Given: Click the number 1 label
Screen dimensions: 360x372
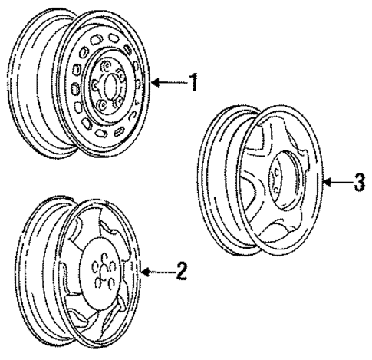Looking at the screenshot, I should pyautogui.click(x=195, y=82).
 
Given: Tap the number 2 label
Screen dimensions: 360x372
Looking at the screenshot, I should pyautogui.click(x=180, y=270).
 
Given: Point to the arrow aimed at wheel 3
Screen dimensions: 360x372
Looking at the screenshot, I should pyautogui.click(x=337, y=182).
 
